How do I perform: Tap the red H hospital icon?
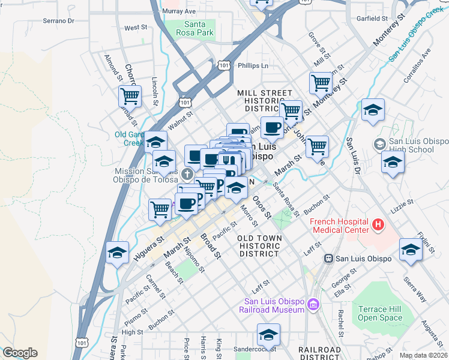pyautogui.click(x=378, y=225)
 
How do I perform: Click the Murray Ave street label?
pyautogui.click(x=179, y=11)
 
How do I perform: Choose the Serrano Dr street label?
pyautogui.click(x=58, y=20)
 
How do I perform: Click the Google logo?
pyautogui.click(x=20, y=353)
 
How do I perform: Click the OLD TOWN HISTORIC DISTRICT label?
pyautogui.click(x=259, y=245)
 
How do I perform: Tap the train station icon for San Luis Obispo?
pyautogui.click(x=328, y=259)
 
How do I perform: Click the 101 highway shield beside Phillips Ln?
pyautogui.click(x=224, y=65)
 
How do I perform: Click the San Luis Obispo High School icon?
pyautogui.click(x=379, y=144)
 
